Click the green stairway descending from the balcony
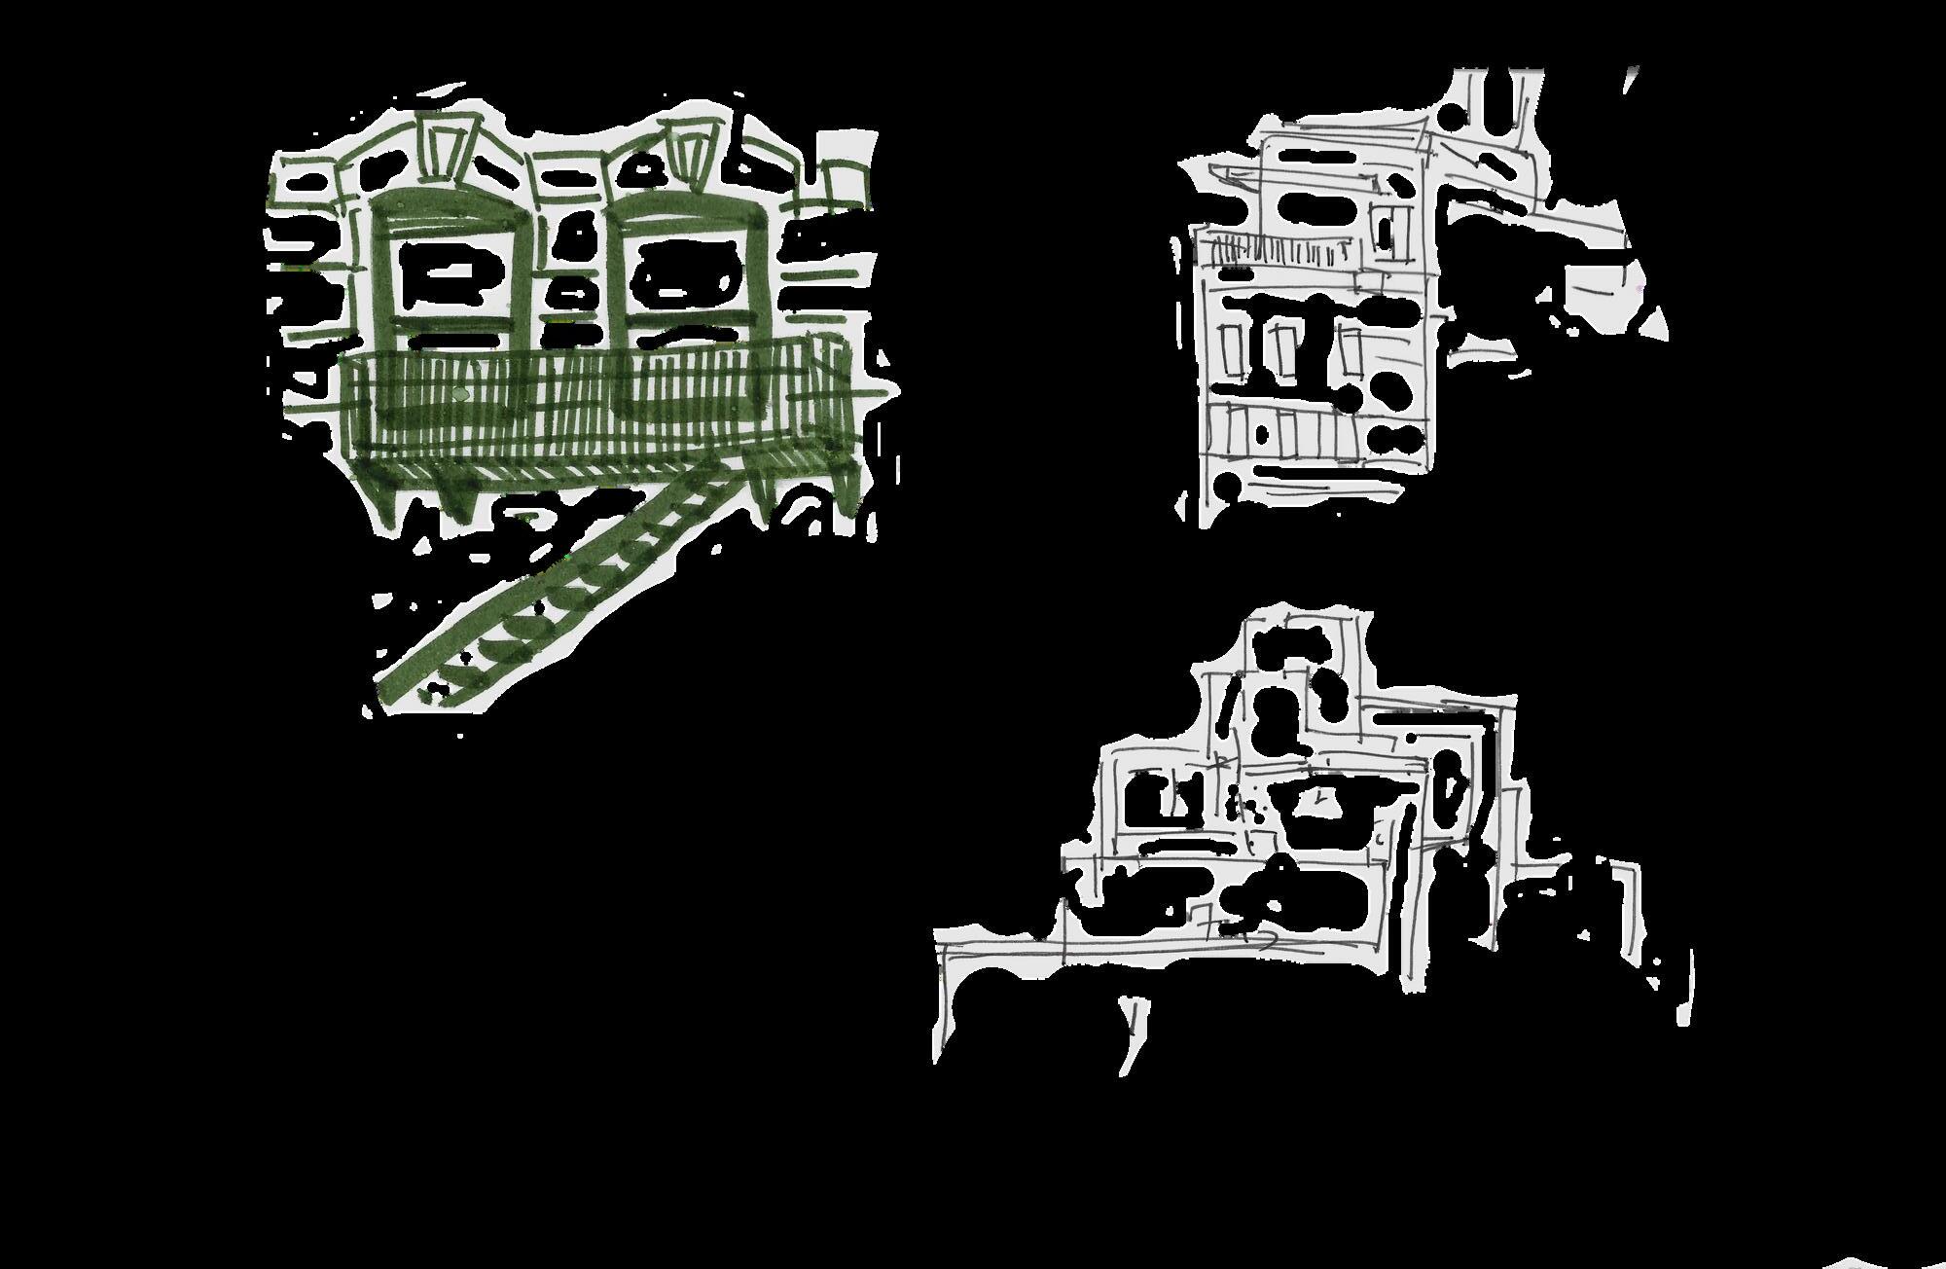(x=574, y=584)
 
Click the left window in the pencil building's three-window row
(x=1233, y=350)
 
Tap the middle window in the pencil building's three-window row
(x=1281, y=350)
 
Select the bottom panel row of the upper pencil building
(x=1304, y=433)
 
